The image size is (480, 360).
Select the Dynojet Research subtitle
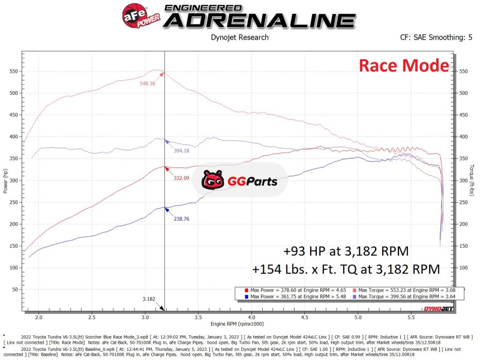pyautogui.click(x=239, y=37)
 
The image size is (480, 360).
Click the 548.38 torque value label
pyautogui.click(x=151, y=83)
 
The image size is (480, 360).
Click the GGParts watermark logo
pyautogui.click(x=239, y=179)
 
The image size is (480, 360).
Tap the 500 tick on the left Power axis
pyautogui.click(x=14, y=93)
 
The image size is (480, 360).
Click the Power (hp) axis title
pyautogui.click(x=5, y=181)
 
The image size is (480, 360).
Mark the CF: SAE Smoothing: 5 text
pyautogui.click(x=436, y=37)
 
